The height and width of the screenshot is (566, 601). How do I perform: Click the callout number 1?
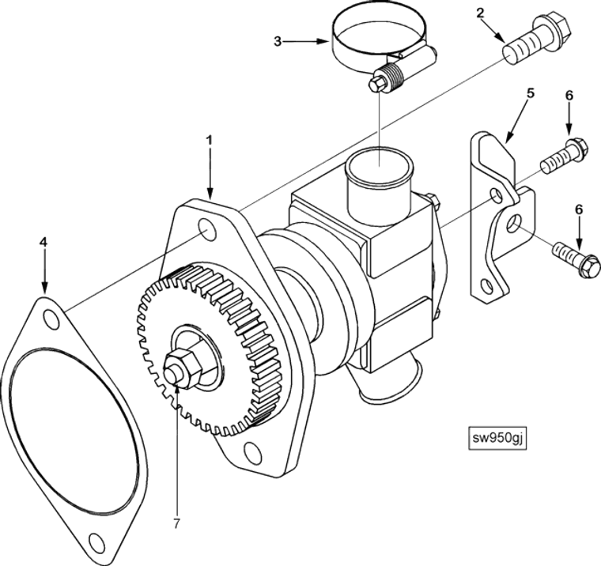pos(209,140)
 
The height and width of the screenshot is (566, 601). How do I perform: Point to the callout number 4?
pos(43,242)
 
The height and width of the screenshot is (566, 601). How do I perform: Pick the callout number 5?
pos(530,92)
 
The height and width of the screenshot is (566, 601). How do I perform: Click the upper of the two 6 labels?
pos(569,96)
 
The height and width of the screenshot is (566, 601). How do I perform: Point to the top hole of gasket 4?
pos(51,320)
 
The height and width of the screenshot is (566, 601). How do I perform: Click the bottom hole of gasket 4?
pos(96,541)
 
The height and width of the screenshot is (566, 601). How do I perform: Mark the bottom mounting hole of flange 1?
pos(252,451)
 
